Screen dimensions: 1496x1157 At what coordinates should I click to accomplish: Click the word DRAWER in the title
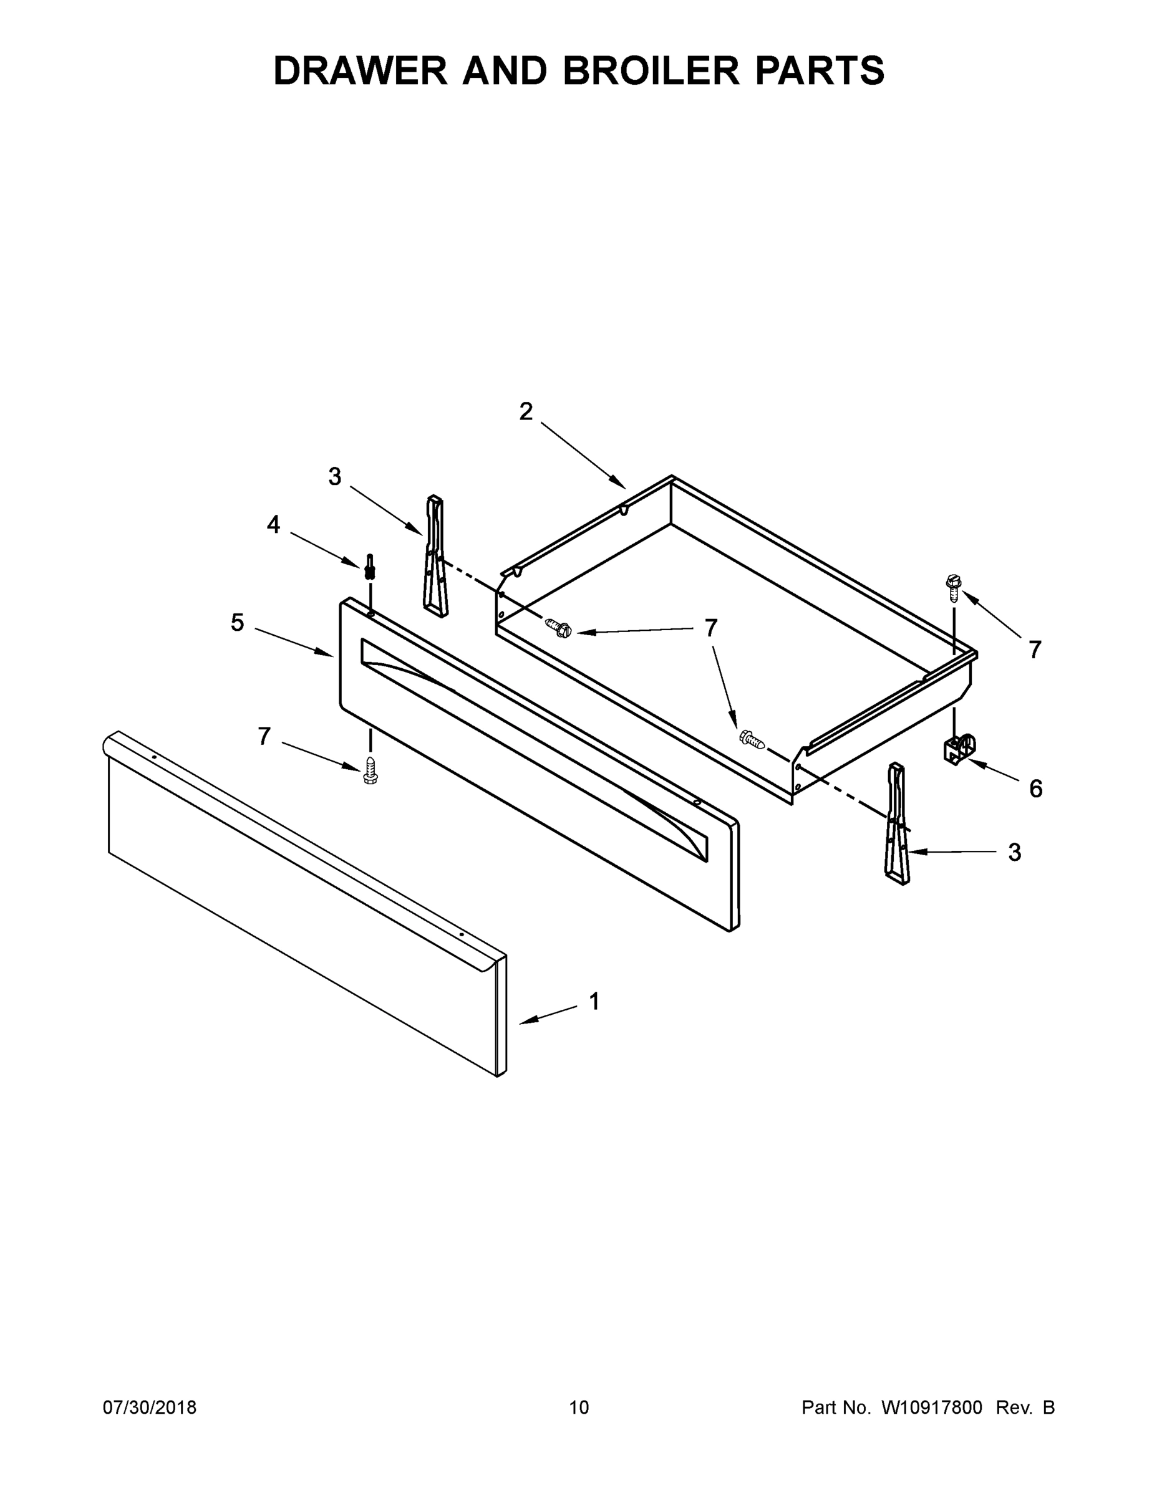(x=360, y=70)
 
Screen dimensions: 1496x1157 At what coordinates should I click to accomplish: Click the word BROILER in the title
(x=651, y=70)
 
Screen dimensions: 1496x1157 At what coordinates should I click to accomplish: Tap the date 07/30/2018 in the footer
(x=150, y=1407)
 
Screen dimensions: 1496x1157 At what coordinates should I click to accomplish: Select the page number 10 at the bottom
(x=579, y=1407)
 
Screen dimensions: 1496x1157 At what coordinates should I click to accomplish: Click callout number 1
(x=594, y=1002)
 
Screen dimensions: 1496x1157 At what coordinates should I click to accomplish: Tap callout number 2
(x=526, y=411)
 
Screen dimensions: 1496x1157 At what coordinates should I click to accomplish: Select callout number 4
(x=273, y=525)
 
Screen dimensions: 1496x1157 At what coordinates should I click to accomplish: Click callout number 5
(x=237, y=623)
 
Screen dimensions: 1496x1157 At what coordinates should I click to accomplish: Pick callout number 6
(x=1035, y=789)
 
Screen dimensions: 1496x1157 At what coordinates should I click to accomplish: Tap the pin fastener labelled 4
(x=370, y=567)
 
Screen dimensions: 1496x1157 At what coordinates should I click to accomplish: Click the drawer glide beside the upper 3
(x=435, y=556)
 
